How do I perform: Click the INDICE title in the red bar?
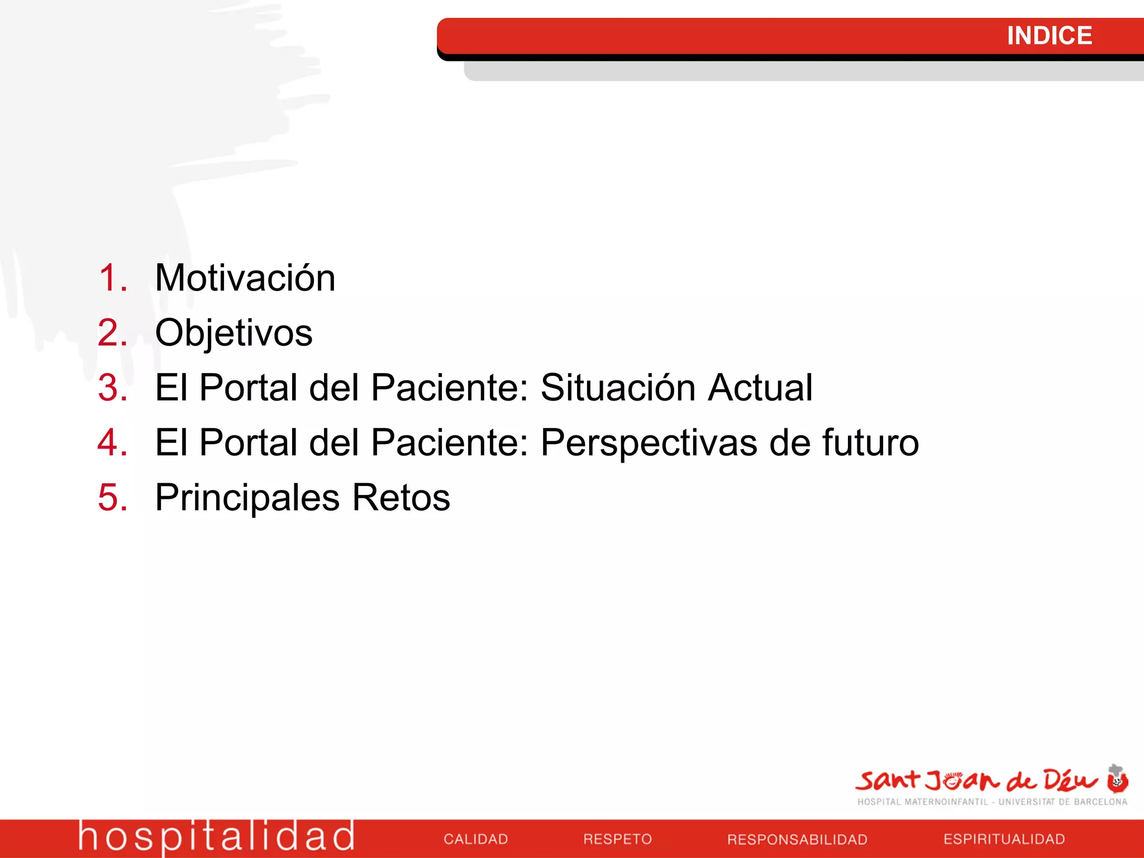click(1049, 36)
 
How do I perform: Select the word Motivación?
click(245, 278)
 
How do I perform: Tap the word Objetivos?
click(233, 333)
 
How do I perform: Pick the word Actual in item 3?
click(760, 388)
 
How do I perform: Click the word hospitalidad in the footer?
click(216, 837)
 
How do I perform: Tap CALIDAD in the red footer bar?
click(475, 839)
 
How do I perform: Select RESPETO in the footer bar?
click(617, 839)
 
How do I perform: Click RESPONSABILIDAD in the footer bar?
click(797, 839)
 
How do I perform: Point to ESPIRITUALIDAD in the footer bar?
click(1004, 839)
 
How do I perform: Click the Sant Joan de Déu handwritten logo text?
click(975, 780)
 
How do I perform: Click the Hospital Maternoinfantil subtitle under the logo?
click(992, 802)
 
